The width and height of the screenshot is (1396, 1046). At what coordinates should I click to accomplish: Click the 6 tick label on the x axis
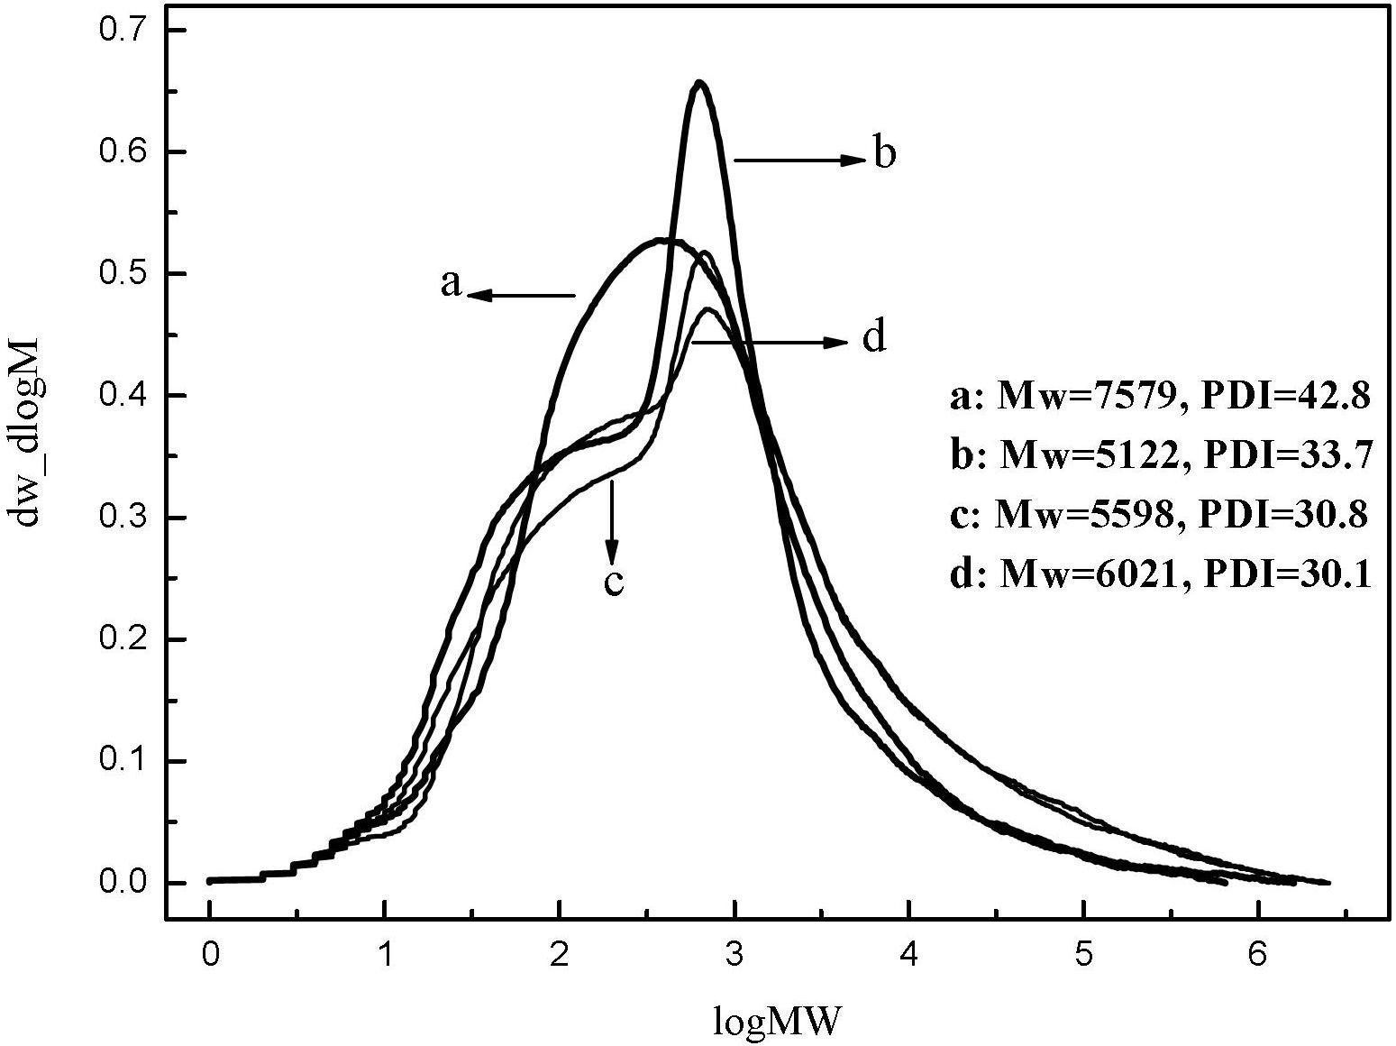point(1258,954)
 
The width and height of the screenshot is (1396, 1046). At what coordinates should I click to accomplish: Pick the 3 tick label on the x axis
point(734,954)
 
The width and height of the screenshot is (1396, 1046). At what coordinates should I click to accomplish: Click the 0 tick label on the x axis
point(210,954)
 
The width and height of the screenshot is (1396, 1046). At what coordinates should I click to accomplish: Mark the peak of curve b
point(700,83)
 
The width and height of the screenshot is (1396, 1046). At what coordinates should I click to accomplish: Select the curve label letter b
point(885,155)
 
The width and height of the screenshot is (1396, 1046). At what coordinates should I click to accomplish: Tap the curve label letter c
point(613,583)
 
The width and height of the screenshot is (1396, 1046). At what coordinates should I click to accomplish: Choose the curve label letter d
point(874,339)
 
